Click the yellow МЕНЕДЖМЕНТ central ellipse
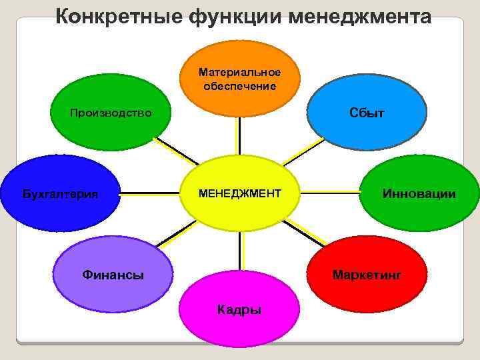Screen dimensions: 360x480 pyautogui.click(x=239, y=193)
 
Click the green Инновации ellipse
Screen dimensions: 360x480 pyautogui.click(x=419, y=193)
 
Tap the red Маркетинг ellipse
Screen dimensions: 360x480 pyautogui.click(x=367, y=274)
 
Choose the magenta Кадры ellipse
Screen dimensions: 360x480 pyautogui.click(x=239, y=309)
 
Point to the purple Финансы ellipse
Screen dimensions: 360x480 pyautogui.click(x=113, y=274)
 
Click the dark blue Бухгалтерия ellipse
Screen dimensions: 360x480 pyautogui.click(x=60, y=194)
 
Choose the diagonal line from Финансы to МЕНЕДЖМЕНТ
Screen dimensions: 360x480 pyautogui.click(x=176, y=236)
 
